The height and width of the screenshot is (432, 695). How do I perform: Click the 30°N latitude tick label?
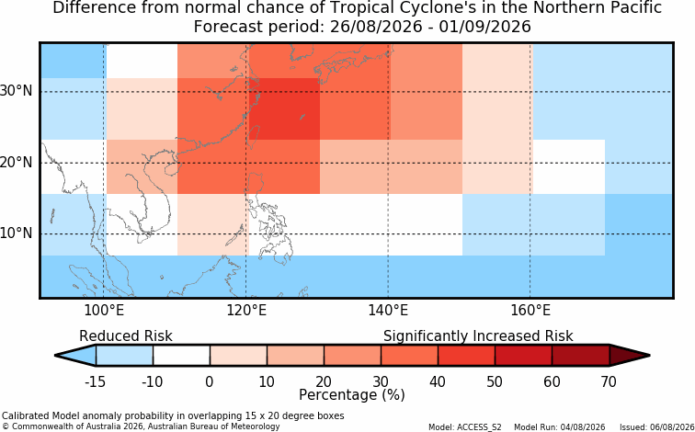16,91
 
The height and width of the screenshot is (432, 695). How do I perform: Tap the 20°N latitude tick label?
16,163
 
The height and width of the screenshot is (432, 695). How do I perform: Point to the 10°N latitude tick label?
16,233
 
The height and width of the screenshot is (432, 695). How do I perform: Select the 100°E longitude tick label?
104,311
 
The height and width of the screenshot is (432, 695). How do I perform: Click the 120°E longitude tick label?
246,311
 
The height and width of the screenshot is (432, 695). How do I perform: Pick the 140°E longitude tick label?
388,311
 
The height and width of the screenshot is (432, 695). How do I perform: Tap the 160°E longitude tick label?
530,311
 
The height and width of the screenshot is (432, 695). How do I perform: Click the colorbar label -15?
95,381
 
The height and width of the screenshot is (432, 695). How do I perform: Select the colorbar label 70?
609,381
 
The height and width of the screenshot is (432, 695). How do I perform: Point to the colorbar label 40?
438,381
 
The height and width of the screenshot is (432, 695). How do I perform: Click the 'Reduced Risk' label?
126,335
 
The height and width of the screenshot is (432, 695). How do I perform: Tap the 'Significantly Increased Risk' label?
478,336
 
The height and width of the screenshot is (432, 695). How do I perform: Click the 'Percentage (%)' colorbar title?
352,395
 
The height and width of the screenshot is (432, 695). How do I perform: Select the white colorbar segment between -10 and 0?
181,356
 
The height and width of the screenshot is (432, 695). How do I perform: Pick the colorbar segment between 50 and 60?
523,356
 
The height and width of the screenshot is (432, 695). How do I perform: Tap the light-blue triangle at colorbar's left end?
79,356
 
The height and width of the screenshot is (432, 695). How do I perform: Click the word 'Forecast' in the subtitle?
228,27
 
